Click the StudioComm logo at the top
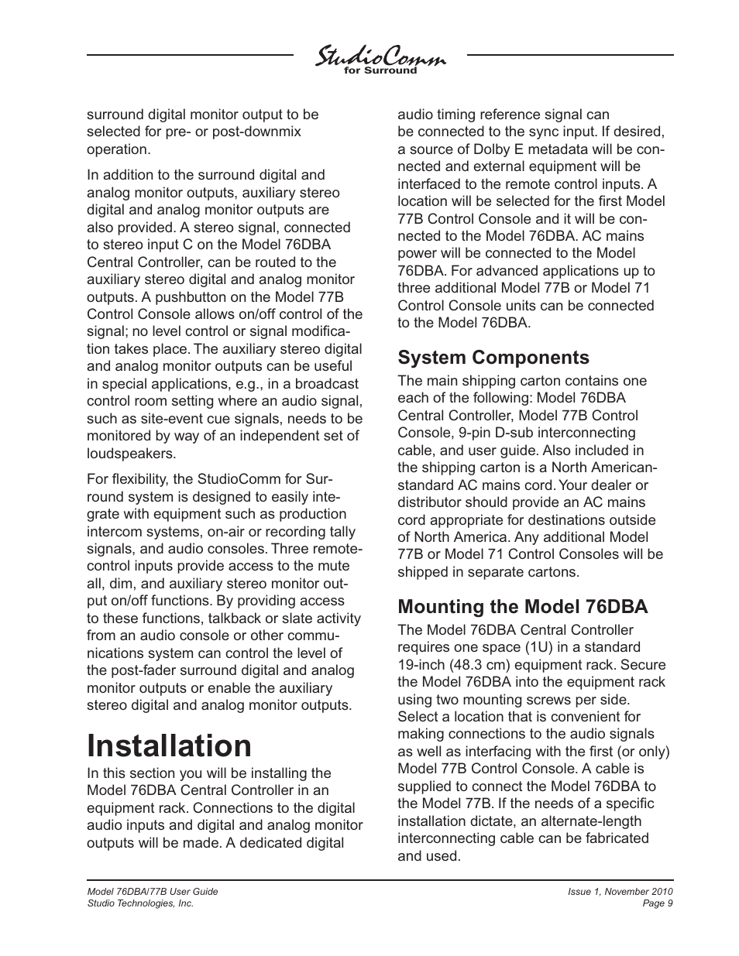point(380,57)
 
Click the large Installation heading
point(170,745)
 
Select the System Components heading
point(493,357)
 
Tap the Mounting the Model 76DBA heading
point(522,606)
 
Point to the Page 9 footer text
point(658,903)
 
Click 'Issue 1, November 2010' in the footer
point(620,891)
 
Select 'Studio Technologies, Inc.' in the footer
point(139,903)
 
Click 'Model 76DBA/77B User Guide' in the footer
point(152,891)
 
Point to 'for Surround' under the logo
point(380,70)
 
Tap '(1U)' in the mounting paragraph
point(565,647)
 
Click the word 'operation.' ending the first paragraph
point(118,149)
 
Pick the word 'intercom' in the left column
point(113,531)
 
